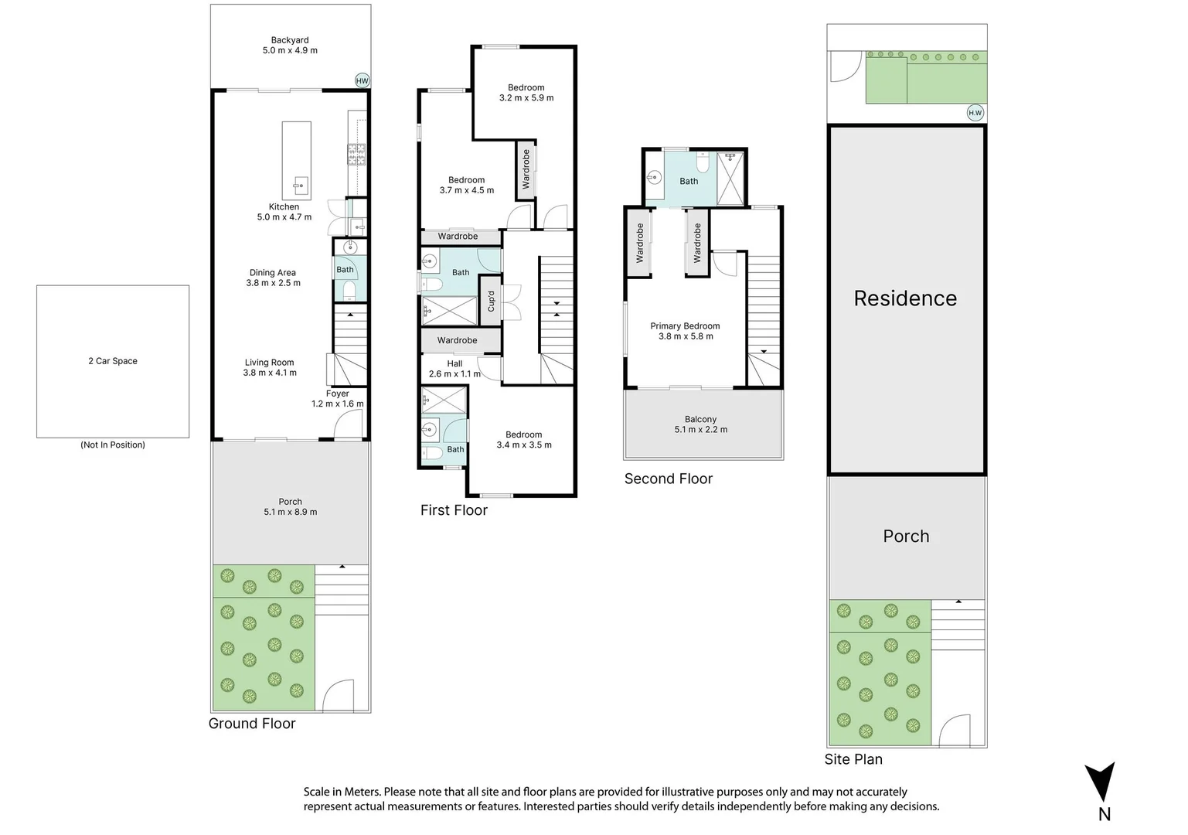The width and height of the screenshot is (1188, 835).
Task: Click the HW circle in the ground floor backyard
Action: click(362, 80)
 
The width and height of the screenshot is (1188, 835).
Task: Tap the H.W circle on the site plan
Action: click(975, 113)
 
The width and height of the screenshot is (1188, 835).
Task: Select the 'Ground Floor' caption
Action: click(252, 724)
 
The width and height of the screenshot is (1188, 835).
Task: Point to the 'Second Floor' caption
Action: click(668, 479)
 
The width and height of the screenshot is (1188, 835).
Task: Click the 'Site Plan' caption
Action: click(853, 759)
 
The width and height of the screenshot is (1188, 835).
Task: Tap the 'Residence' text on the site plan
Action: click(904, 298)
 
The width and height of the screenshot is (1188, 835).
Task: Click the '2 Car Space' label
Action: click(113, 361)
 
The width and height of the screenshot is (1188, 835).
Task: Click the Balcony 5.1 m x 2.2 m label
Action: click(700, 424)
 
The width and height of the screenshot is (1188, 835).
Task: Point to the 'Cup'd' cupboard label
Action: click(491, 301)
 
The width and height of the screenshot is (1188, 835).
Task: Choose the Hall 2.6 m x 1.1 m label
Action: click(454, 369)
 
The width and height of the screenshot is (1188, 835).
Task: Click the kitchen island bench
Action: click(296, 160)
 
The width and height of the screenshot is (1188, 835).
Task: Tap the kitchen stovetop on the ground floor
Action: click(356, 155)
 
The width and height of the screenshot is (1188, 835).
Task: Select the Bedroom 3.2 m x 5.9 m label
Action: click(526, 93)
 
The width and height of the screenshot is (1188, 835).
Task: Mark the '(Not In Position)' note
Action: click(113, 445)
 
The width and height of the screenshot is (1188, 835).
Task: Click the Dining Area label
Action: click(273, 278)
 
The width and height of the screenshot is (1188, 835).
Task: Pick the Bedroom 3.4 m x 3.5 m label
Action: click(524, 440)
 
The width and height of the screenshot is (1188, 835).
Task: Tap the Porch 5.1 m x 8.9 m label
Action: click(290, 506)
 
